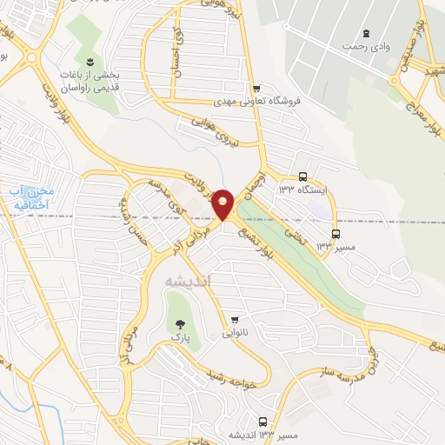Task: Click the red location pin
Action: coord(223,203)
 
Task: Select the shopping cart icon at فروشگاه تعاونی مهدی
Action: coord(256,88)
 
